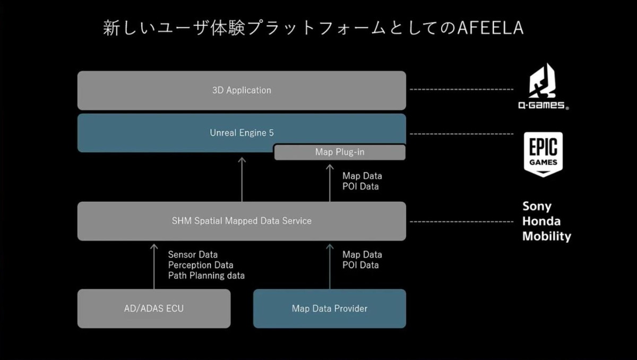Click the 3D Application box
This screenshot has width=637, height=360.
(242, 90)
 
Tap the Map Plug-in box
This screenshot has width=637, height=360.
(340, 152)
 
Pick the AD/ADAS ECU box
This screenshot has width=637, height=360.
(154, 308)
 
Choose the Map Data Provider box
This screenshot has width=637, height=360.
(330, 308)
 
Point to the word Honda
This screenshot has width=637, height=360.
(541, 221)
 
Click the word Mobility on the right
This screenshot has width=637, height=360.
(546, 236)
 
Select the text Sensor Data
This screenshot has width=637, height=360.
(193, 255)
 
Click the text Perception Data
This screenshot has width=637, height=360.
(201, 265)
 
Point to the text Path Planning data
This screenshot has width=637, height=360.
(206, 276)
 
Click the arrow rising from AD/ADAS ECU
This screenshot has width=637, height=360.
(154, 265)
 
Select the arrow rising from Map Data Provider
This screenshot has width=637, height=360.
(330, 265)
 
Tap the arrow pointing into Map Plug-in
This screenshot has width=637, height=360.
(330, 181)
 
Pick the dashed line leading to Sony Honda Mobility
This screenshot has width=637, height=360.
(462, 221)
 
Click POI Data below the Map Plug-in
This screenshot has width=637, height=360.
(360, 186)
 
